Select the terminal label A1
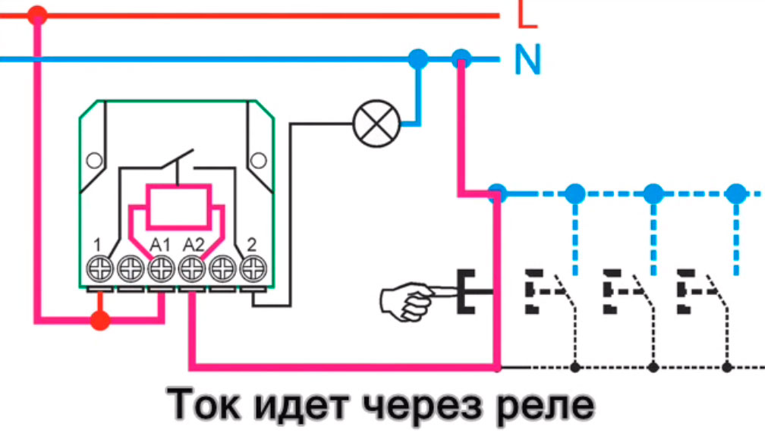click(x=159, y=244)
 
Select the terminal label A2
click(x=193, y=244)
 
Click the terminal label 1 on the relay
click(x=98, y=244)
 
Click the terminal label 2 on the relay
click(x=251, y=244)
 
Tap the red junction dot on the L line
click(x=36, y=14)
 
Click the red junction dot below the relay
click(x=99, y=321)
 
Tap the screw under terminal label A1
click(x=160, y=268)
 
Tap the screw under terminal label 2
click(x=250, y=268)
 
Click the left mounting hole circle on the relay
click(x=93, y=160)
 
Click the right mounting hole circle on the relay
click(x=259, y=160)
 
